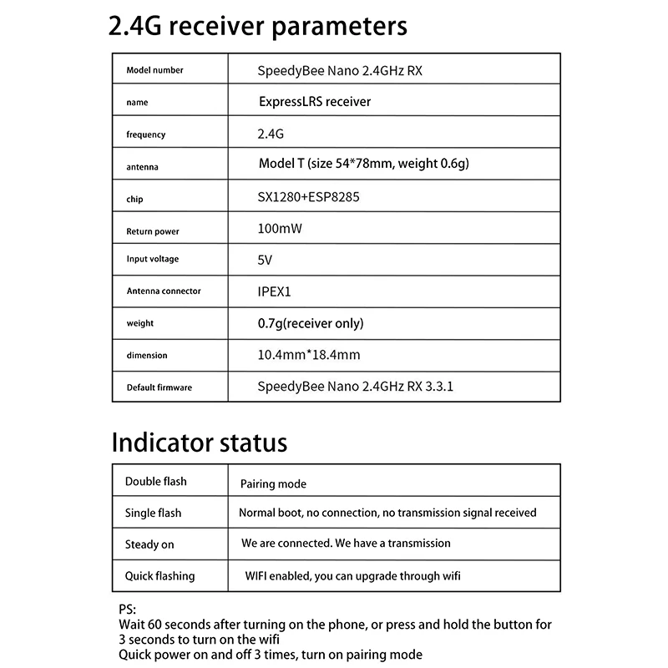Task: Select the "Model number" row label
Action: (154, 71)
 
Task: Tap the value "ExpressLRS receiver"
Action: (315, 102)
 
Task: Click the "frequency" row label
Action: (146, 134)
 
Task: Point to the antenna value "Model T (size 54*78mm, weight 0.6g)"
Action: (364, 163)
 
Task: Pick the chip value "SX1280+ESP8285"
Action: (308, 199)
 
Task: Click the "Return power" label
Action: (153, 231)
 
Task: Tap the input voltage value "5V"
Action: (266, 260)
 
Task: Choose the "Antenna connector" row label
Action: (164, 291)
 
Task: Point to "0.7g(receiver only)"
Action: (311, 323)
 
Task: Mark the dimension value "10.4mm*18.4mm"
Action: (309, 355)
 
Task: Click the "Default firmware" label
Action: (159, 387)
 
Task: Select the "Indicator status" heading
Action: (200, 442)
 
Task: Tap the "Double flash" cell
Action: (156, 482)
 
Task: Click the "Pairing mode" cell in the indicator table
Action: (273, 484)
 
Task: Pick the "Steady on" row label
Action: (149, 544)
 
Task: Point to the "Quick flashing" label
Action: (159, 576)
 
